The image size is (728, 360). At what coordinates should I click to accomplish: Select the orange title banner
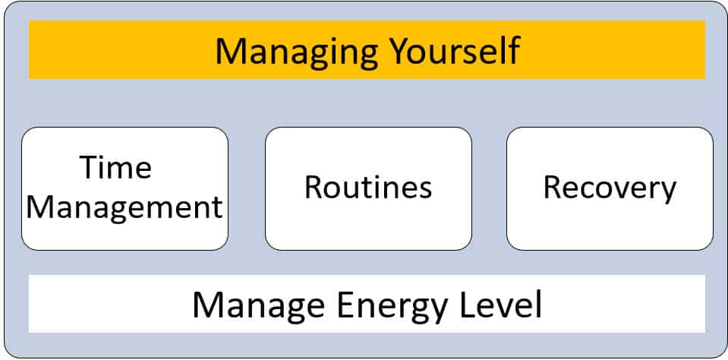(x=367, y=49)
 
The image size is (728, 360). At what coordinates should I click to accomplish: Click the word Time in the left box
(x=115, y=167)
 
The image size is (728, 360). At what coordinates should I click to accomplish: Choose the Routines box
(x=368, y=188)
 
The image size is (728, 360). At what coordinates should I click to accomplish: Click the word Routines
(x=368, y=187)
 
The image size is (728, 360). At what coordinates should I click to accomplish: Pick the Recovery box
(x=610, y=188)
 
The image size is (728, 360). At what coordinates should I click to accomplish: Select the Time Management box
(x=124, y=188)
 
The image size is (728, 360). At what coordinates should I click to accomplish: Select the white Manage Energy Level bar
(x=367, y=304)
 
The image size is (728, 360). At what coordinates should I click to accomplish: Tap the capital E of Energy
(x=345, y=305)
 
